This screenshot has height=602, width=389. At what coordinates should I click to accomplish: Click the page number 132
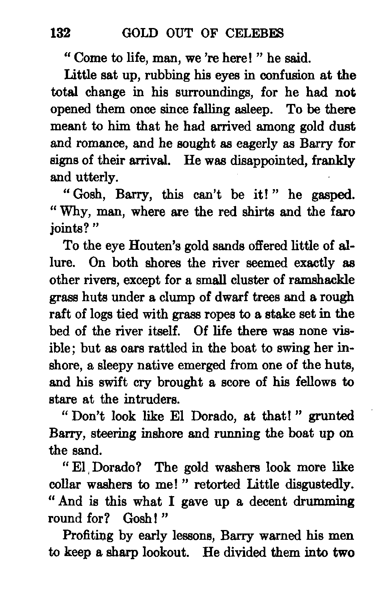[x=60, y=33]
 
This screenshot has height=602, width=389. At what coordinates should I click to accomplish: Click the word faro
[x=343, y=212]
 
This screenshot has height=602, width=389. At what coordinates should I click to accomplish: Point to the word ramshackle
[x=321, y=280]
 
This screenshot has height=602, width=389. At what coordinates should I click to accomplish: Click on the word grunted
[x=331, y=416]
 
